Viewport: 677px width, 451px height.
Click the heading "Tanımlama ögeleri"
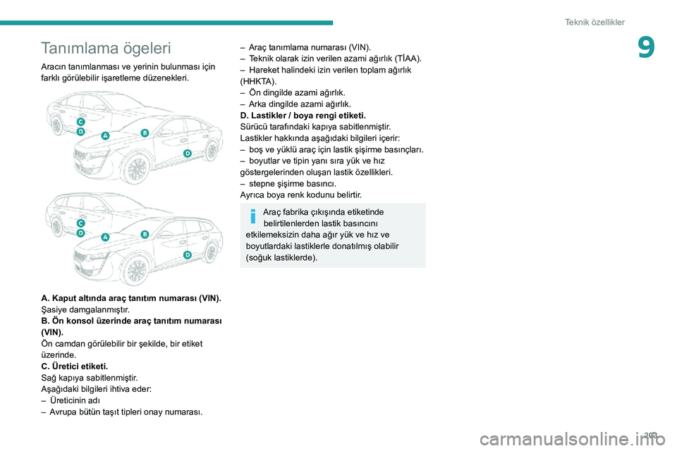(x=106, y=49)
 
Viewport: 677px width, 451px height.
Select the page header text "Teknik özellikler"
(x=594, y=23)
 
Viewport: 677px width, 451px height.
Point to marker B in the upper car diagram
(x=145, y=132)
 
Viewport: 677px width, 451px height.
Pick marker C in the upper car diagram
(x=81, y=123)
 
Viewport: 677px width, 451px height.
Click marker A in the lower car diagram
(x=106, y=237)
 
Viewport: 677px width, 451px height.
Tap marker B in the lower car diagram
(x=145, y=234)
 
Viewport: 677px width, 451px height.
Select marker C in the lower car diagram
(x=81, y=223)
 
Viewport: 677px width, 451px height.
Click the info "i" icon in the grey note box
(x=253, y=215)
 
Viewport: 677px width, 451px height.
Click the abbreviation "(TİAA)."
(x=405, y=58)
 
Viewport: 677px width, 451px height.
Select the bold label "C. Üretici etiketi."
(x=75, y=366)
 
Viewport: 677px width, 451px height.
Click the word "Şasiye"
(x=55, y=309)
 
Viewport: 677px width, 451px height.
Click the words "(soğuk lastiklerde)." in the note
(x=281, y=258)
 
